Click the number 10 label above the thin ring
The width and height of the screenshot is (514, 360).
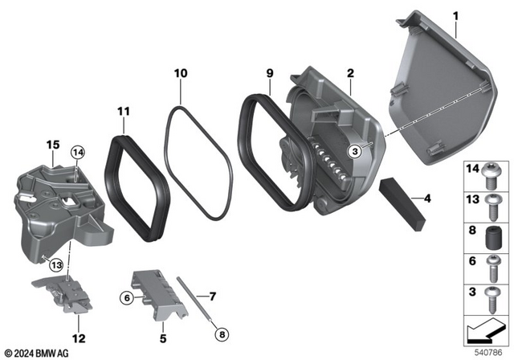(x=181, y=74)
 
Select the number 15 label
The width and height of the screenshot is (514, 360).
(x=52, y=144)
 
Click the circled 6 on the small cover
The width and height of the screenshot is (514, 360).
(x=126, y=298)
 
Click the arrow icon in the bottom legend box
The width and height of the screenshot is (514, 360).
(x=485, y=329)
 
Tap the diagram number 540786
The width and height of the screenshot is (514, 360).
(x=489, y=351)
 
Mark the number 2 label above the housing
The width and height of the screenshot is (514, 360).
(x=350, y=74)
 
